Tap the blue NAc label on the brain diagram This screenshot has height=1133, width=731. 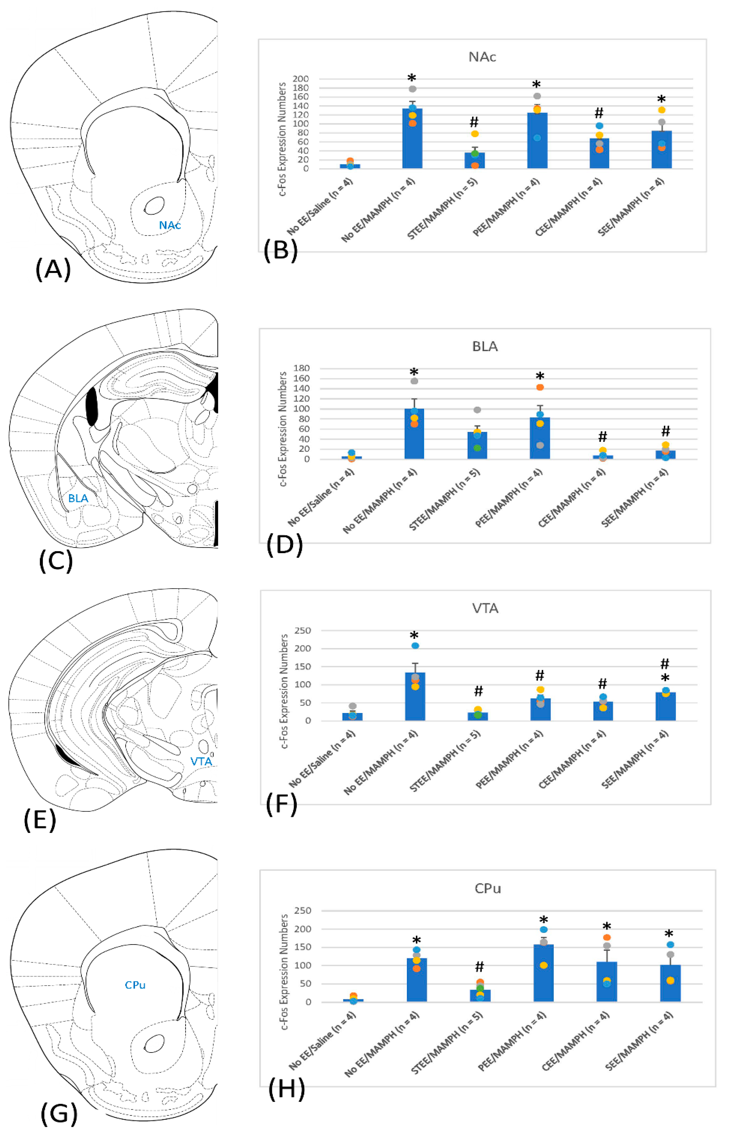pos(169,225)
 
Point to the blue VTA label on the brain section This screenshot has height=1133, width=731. pos(201,761)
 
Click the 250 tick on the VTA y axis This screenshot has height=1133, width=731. pos(302,631)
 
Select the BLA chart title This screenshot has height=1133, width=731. pos(485,346)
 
